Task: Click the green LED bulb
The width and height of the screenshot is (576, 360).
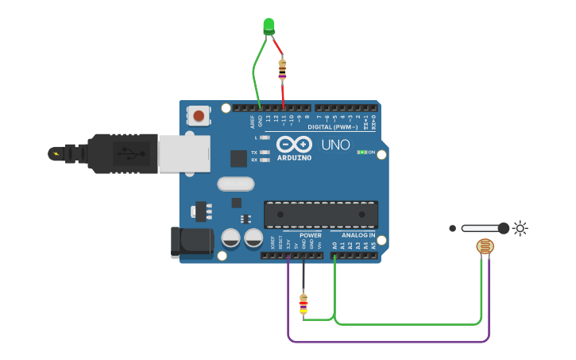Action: [x=269, y=26]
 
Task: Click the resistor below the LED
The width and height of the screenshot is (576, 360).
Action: [x=283, y=70]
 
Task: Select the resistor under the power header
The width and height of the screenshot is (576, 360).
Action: [x=303, y=302]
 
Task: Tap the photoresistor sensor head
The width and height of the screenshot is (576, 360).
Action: [x=484, y=247]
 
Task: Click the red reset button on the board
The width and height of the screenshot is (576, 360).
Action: [x=199, y=117]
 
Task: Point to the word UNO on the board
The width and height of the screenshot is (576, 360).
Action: [x=335, y=145]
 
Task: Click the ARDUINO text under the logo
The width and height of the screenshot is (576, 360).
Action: [x=294, y=157]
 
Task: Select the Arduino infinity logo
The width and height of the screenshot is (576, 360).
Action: [x=294, y=145]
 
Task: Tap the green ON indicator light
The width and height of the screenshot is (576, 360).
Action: [x=361, y=152]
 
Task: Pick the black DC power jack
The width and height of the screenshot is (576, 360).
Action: [x=191, y=242]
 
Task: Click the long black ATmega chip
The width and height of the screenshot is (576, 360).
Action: [x=321, y=214]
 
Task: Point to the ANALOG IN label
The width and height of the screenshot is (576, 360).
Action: [x=358, y=235]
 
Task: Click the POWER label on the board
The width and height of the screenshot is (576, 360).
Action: [x=311, y=235]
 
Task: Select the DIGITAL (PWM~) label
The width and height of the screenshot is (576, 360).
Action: [x=332, y=127]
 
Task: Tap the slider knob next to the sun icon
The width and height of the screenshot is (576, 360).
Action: [x=503, y=228]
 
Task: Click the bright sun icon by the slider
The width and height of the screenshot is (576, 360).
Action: [x=520, y=228]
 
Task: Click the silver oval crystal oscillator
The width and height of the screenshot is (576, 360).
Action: [x=235, y=184]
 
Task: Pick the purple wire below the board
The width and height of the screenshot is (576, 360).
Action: [x=389, y=342]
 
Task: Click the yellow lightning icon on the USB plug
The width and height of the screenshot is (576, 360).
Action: [x=56, y=153]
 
